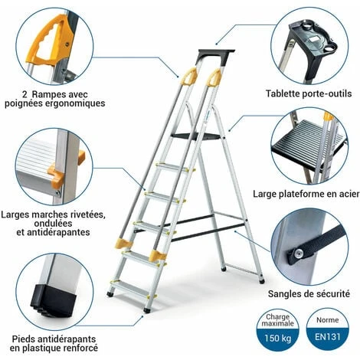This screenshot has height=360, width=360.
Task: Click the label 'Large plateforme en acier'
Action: tap(309, 192)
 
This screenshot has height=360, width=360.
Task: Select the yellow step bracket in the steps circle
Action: tap(55, 173)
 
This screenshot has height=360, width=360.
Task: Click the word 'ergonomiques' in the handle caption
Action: tap(74, 102)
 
